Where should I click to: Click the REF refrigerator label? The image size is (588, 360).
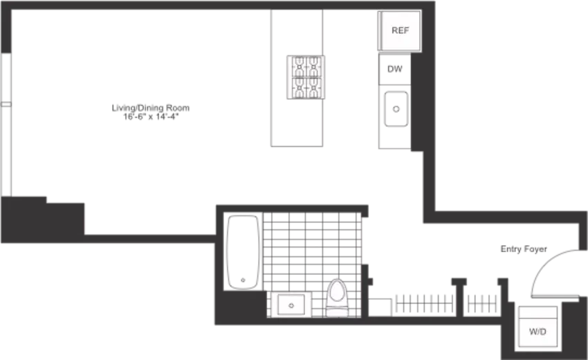[400, 30]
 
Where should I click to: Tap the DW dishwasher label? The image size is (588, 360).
[394, 69]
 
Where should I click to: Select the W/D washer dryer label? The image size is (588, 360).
[538, 332]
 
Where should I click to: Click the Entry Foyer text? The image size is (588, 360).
[524, 249]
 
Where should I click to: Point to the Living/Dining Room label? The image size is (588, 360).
[151, 108]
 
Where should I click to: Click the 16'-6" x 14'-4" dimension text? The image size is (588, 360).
[151, 117]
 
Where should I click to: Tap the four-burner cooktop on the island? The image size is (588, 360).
[306, 78]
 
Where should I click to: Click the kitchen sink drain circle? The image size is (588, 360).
[396, 109]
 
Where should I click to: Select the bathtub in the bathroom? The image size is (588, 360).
[243, 252]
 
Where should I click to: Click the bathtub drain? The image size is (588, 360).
[243, 280]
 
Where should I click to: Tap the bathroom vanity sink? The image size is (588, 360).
[291, 305]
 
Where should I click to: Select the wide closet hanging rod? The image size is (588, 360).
[424, 304]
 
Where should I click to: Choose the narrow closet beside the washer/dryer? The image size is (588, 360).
[482, 304]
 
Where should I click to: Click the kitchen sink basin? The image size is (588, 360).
[396, 109]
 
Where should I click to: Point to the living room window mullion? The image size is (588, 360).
[6, 105]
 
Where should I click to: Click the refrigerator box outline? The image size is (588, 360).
[399, 31]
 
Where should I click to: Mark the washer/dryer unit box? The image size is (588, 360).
[538, 327]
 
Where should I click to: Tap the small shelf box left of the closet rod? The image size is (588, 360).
[380, 307]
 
